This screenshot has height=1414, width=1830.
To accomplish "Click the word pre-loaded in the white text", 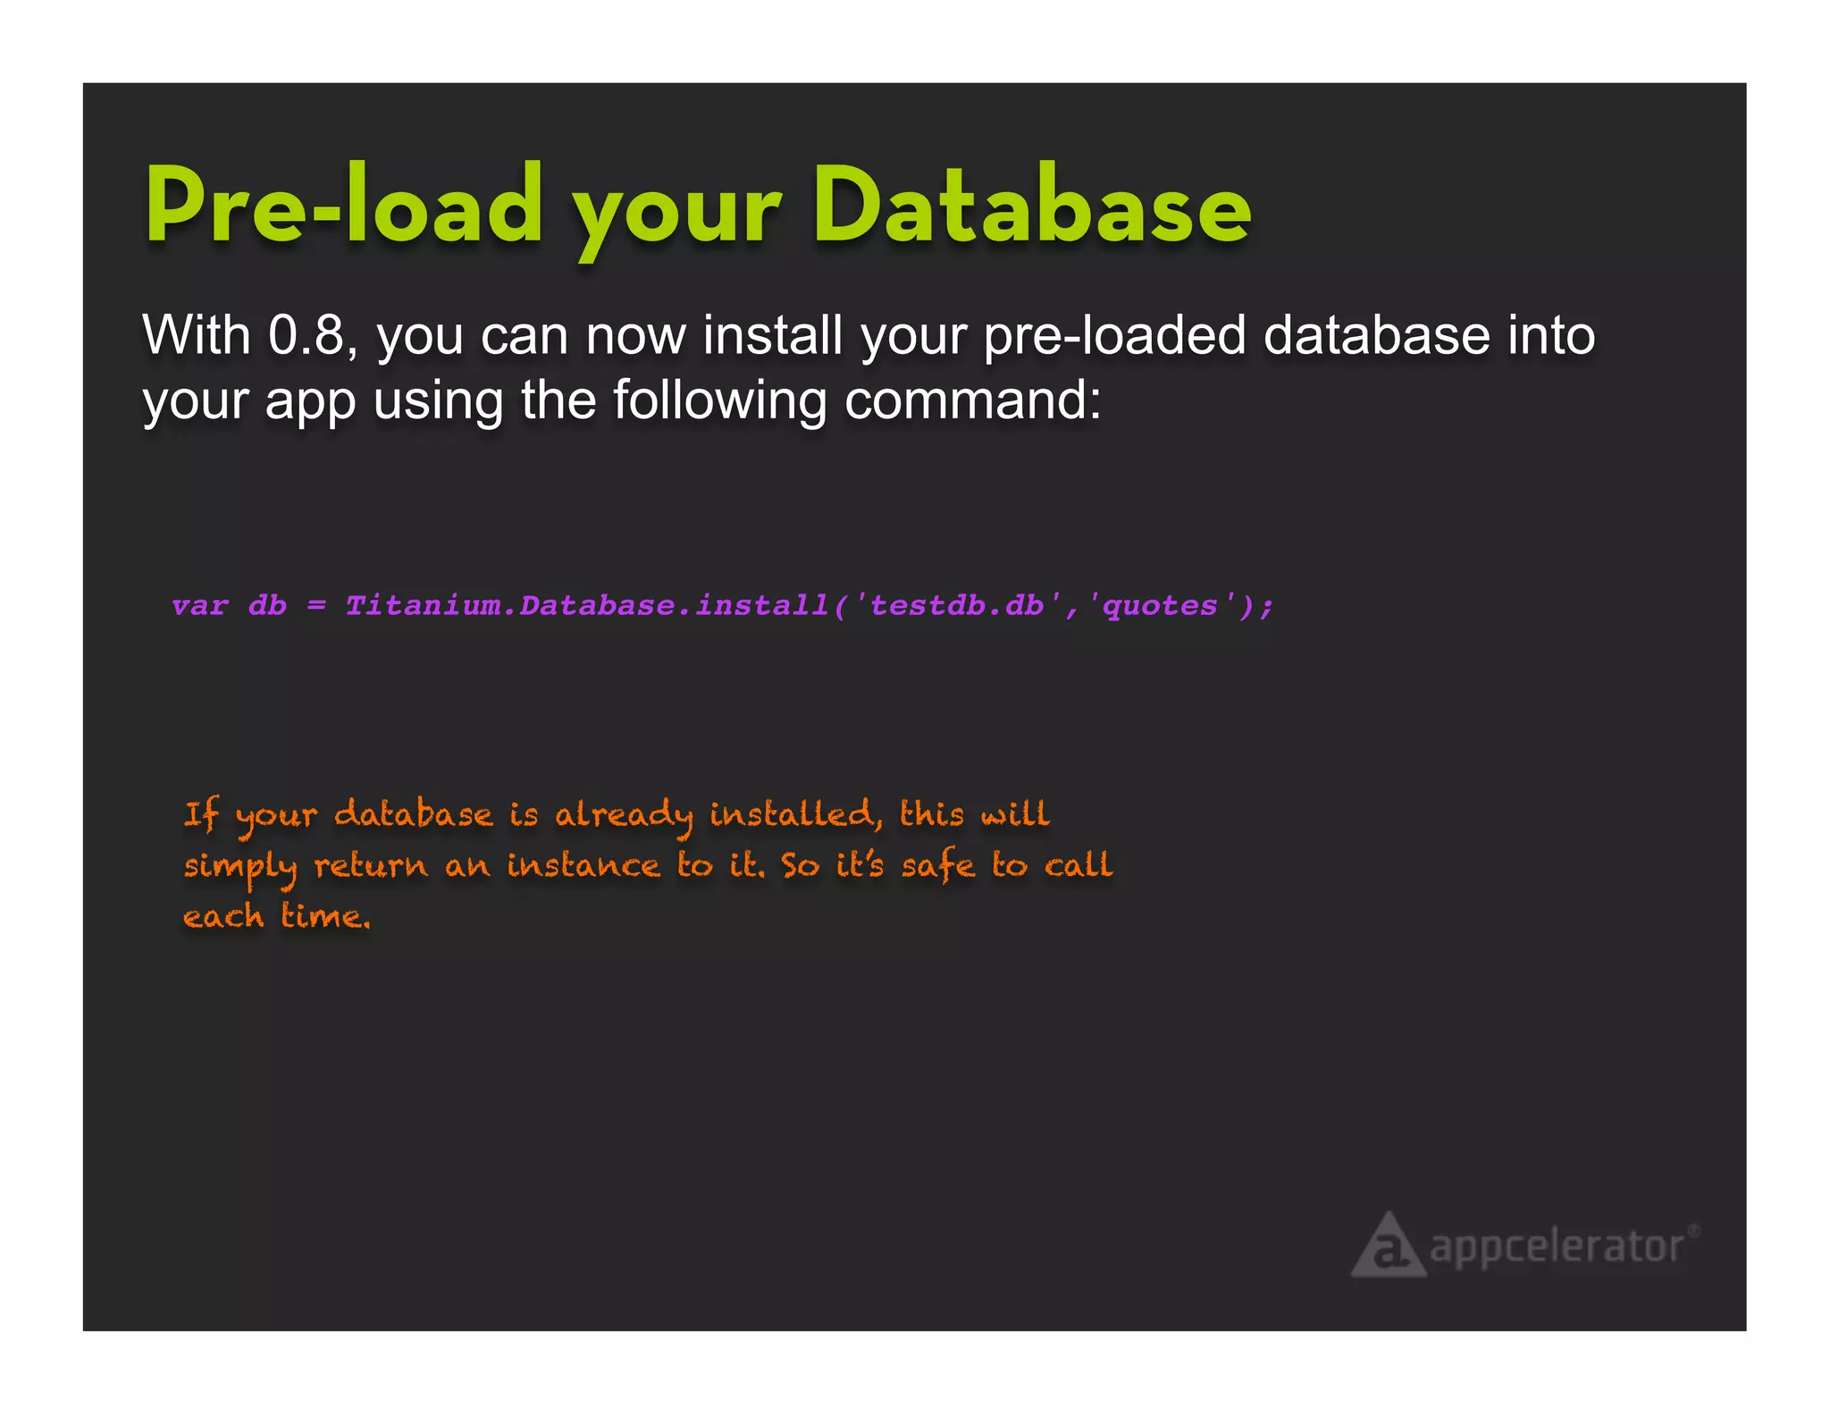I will click(1114, 335).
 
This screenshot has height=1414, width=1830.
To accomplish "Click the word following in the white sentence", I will click(719, 401).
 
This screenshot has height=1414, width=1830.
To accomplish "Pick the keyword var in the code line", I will click(199, 606).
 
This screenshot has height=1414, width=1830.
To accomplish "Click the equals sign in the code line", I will click(316, 606).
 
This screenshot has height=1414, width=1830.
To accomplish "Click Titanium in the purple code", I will click(423, 606).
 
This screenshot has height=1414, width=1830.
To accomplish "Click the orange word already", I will click(624, 816).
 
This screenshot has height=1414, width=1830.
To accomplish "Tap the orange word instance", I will click(583, 865).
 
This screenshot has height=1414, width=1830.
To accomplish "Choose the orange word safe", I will click(937, 865).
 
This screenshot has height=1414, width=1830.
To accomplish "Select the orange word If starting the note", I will click(201, 816).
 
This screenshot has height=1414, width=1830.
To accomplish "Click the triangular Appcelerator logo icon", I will click(1387, 1246).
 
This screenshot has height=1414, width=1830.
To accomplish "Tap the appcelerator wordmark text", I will click(1557, 1246).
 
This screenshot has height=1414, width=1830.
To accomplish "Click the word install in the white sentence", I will click(773, 335).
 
